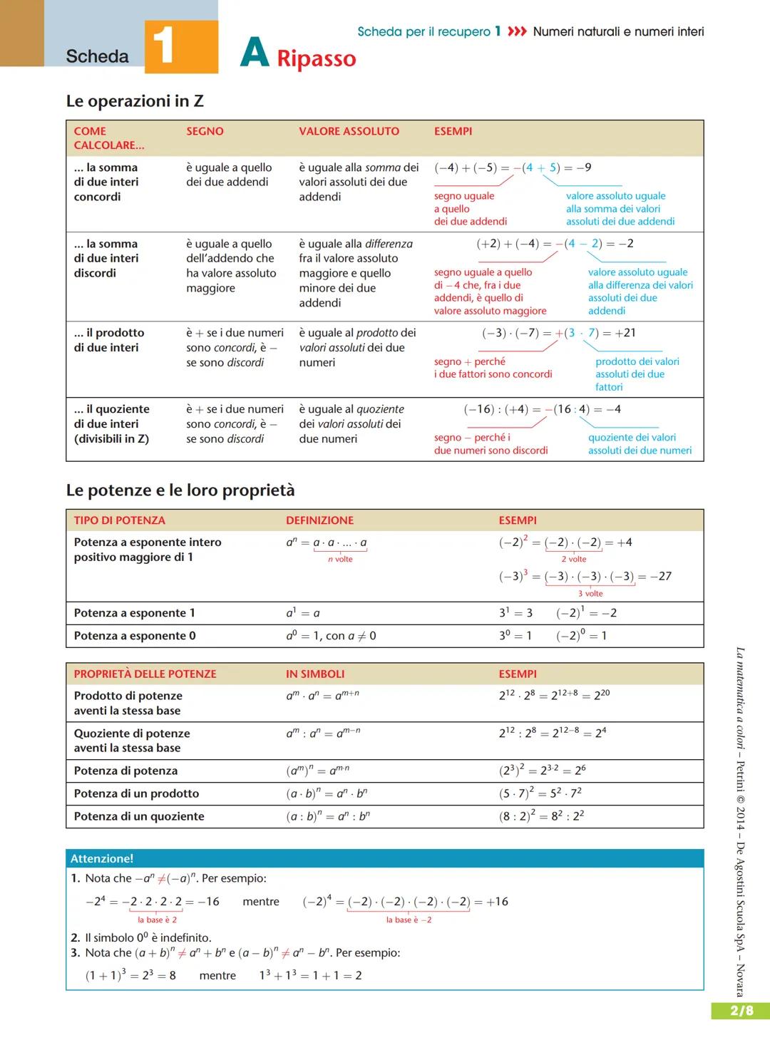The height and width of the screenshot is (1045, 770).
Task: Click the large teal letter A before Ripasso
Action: point(255,53)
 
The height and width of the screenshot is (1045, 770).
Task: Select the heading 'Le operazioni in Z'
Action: point(135,101)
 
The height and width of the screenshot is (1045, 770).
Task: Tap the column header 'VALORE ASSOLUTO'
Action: point(349,131)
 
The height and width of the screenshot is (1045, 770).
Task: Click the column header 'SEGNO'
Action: point(205,131)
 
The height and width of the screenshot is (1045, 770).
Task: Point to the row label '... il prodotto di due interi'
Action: point(108,340)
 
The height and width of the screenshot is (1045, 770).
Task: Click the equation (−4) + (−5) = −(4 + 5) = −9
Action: point(512,168)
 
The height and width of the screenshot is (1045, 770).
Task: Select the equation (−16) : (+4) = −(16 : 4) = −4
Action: point(542,409)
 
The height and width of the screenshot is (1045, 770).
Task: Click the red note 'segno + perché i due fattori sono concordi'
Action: point(493,368)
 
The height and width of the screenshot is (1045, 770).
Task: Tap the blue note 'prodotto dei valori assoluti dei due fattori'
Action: point(637,374)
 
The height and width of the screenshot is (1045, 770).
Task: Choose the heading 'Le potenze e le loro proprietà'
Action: point(180,490)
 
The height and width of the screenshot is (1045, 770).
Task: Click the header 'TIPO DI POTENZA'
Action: point(119,520)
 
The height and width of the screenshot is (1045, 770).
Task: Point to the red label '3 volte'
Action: point(590,594)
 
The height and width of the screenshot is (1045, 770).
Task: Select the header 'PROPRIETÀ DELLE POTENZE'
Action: point(145,674)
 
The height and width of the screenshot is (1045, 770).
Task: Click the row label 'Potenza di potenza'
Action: point(125,771)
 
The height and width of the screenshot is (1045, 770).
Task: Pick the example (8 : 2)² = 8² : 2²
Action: point(541,816)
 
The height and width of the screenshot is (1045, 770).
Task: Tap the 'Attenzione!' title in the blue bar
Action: point(102,858)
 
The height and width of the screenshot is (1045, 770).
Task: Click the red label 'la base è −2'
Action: point(409,920)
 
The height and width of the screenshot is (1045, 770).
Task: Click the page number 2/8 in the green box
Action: point(741,1010)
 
